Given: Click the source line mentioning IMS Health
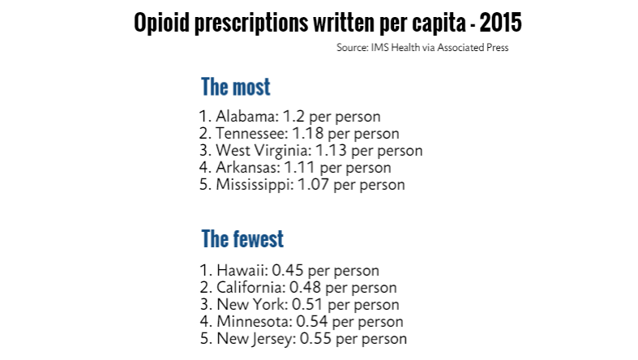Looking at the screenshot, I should [422, 48].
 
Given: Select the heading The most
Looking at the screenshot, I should [235, 87].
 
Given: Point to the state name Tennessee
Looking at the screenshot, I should [249, 133].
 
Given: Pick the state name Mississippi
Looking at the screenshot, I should [253, 184].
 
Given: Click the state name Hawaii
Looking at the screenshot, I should [239, 270].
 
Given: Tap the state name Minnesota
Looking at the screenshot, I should [250, 321].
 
